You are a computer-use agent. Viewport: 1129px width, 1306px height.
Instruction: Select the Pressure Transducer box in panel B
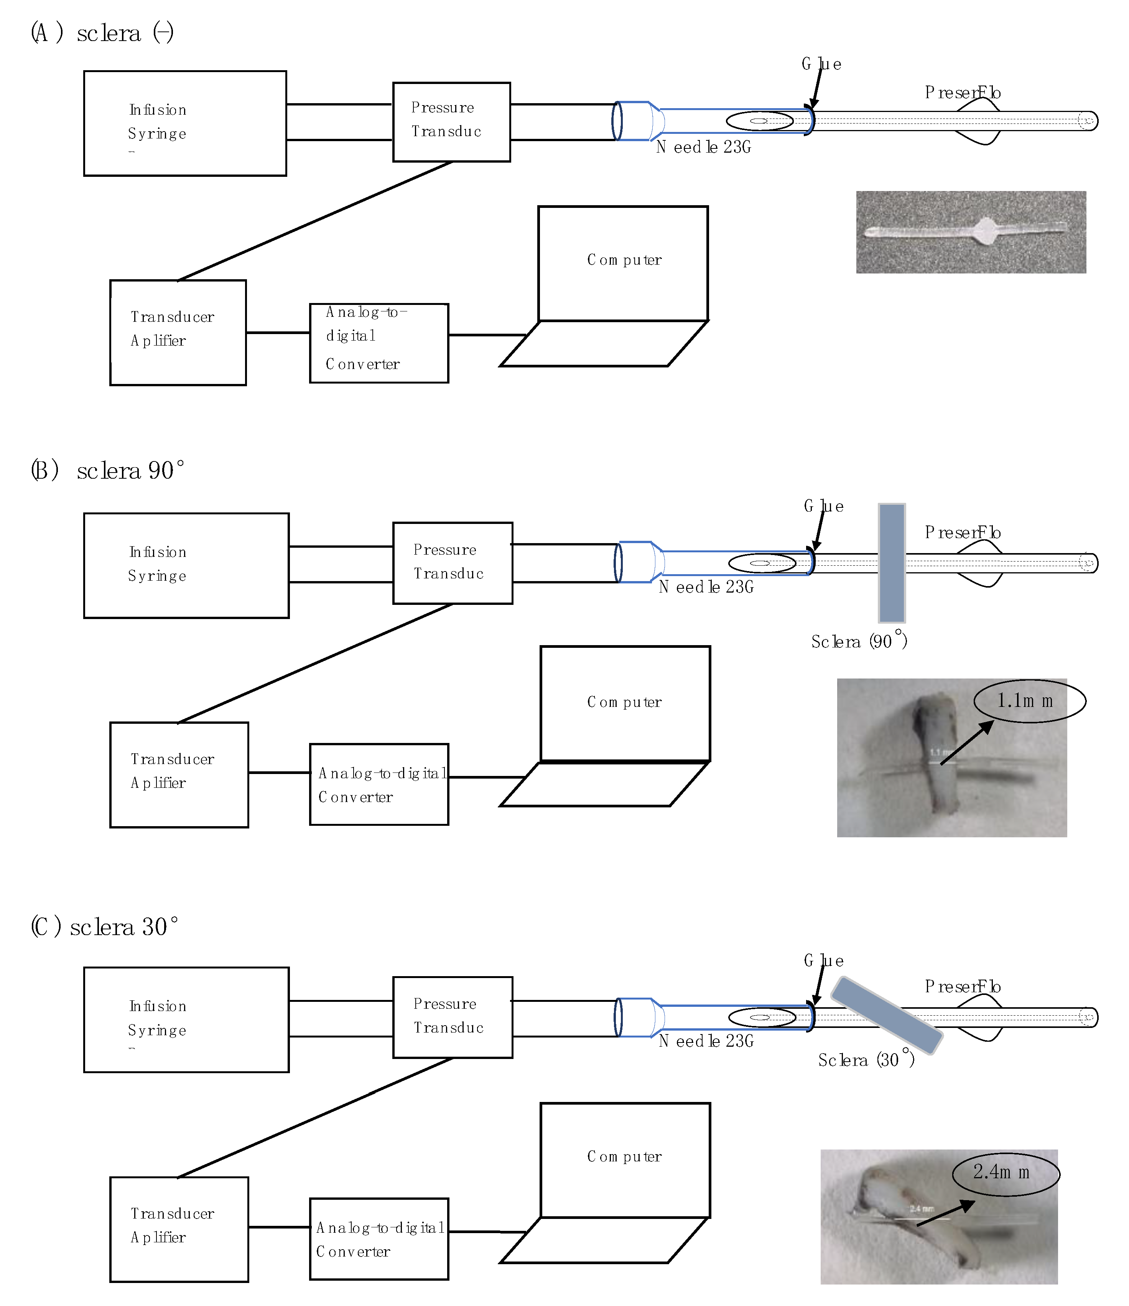tap(453, 563)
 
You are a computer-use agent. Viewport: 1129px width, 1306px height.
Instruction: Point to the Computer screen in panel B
tap(625, 703)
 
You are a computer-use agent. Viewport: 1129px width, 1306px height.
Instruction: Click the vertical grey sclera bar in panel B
tap(891, 563)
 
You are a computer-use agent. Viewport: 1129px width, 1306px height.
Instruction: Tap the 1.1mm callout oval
tap(1029, 701)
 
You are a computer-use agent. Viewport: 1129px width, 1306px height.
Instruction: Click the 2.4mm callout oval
tap(1006, 1173)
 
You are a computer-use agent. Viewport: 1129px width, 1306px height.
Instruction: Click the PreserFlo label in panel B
tap(963, 533)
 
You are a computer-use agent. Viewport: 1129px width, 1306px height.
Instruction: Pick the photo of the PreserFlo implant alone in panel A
tap(970, 232)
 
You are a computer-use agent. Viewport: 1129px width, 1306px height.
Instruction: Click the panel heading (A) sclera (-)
tap(102, 33)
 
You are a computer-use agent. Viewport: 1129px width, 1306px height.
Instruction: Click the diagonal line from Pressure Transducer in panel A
tap(315, 221)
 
